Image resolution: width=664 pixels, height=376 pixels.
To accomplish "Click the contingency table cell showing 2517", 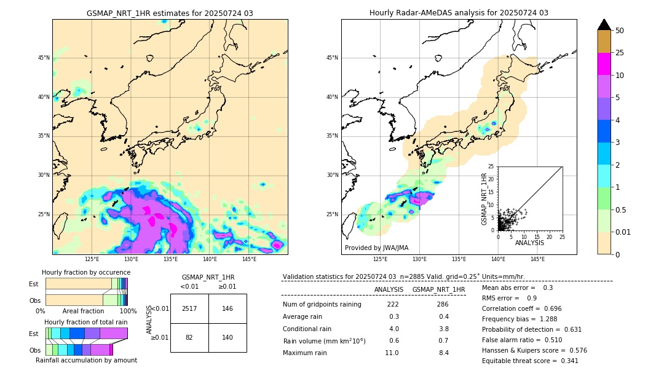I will [x=189, y=308].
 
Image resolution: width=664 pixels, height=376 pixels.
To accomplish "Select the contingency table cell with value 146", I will [x=227, y=308].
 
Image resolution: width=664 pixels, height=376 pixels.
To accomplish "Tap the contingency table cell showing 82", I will [x=189, y=338].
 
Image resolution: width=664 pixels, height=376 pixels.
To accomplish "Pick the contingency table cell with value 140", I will [x=227, y=338].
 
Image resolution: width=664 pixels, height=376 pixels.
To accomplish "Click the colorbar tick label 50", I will [x=620, y=31].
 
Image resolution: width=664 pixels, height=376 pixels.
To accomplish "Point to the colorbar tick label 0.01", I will [x=622, y=232].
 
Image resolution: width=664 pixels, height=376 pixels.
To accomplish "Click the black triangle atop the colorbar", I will [x=604, y=25].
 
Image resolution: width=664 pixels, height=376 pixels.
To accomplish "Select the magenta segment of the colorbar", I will [x=604, y=64].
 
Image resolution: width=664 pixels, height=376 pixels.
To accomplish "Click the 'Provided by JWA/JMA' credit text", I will [x=376, y=248].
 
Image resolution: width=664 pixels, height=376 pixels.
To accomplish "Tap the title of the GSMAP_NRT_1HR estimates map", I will [x=170, y=13].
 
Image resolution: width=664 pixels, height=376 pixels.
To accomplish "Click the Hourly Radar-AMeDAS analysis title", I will [x=459, y=13].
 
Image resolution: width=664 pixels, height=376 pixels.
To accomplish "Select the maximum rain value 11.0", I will [x=392, y=353].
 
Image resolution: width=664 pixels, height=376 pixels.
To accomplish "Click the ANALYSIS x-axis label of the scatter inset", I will [x=529, y=243].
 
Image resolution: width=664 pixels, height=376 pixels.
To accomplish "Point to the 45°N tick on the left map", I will [x=44, y=58].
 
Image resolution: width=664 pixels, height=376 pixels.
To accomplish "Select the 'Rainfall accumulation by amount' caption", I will [x=87, y=360].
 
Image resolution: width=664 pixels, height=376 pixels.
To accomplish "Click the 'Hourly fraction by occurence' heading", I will [x=86, y=272].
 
